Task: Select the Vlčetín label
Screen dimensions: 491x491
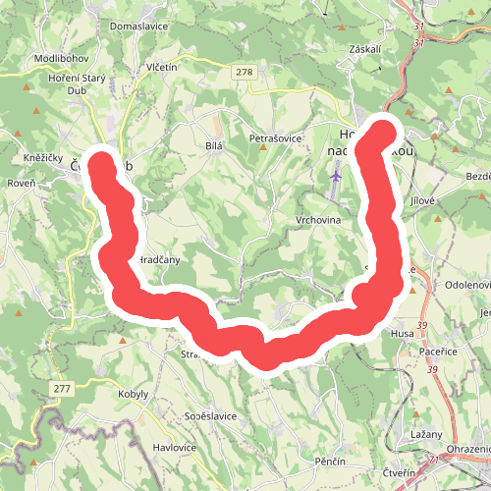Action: [161, 67]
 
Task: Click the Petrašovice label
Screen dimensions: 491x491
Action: [275, 137]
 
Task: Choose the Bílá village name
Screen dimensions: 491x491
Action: [215, 145]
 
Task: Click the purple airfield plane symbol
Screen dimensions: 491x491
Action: [336, 175]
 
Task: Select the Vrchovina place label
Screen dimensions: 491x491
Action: [317, 220]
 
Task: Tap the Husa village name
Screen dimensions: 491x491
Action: [402, 334]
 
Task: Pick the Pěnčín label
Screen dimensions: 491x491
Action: [330, 461]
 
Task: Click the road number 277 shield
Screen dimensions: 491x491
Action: [63, 390]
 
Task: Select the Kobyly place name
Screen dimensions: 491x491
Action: [133, 393]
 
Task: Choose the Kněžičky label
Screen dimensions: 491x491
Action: [43, 158]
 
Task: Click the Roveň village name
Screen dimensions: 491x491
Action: [21, 183]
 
